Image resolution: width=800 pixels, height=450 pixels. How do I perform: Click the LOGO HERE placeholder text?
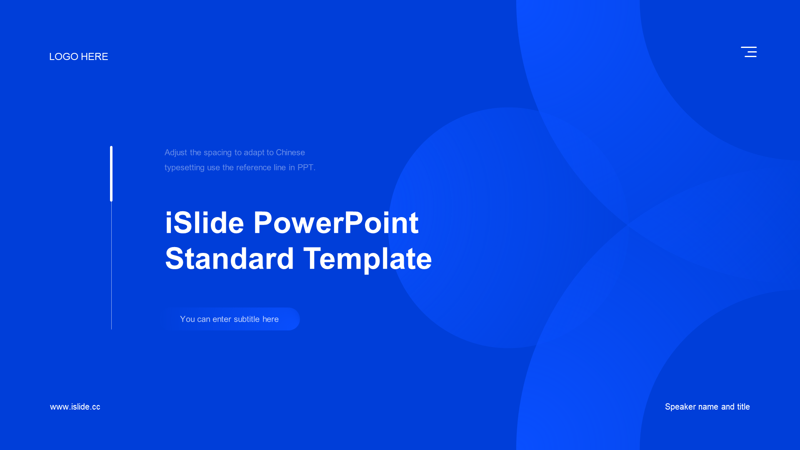(79, 57)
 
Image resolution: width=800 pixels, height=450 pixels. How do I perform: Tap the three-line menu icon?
(749, 52)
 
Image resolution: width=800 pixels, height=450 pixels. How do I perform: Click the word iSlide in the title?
(205, 222)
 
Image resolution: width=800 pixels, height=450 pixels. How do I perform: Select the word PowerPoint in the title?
(336, 222)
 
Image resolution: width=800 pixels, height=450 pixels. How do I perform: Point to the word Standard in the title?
(230, 258)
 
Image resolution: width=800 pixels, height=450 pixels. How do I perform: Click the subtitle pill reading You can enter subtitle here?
(232, 319)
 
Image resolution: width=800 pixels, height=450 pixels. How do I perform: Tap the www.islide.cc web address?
(75, 407)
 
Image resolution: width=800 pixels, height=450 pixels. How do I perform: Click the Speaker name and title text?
(707, 407)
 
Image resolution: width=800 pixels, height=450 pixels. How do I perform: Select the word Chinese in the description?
(290, 152)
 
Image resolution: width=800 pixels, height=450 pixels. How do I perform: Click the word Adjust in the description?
(176, 153)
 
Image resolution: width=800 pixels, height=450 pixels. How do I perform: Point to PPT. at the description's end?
(306, 167)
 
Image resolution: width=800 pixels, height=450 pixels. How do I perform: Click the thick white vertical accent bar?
(111, 174)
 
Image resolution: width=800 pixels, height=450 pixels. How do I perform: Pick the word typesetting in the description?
(185, 168)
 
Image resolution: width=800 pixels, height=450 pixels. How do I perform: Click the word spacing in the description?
(217, 153)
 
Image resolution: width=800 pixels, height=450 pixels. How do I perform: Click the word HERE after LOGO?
(95, 57)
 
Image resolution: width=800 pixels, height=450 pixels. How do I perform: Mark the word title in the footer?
(743, 407)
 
